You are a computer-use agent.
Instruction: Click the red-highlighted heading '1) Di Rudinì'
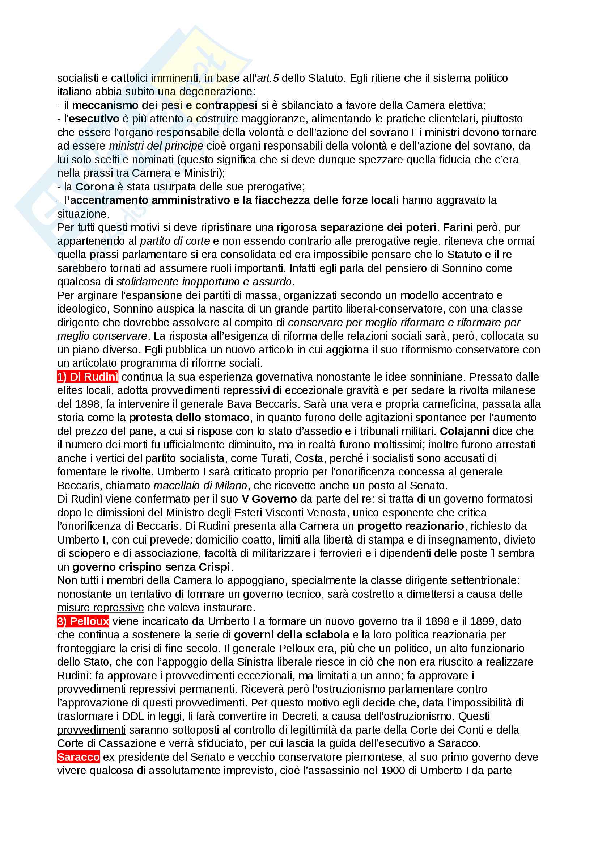[87, 377]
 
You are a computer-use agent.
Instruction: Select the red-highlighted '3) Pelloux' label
[83, 621]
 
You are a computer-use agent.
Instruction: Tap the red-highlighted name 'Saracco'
[78, 757]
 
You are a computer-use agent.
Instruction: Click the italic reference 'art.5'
[267, 78]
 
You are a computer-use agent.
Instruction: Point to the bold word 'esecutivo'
[94, 119]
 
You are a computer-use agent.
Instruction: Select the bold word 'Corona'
[95, 186]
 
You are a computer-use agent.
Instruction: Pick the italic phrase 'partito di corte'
[175, 241]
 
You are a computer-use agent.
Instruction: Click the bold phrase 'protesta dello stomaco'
[189, 417]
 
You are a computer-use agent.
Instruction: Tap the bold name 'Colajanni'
[464, 431]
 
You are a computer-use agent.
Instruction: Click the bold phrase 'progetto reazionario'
[411, 526]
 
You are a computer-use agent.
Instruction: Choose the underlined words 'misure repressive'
[100, 608]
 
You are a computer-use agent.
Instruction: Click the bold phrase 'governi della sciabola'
[292, 634]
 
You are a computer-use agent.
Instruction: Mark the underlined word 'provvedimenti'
[92, 730]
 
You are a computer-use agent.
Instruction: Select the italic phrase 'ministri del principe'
[156, 146]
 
